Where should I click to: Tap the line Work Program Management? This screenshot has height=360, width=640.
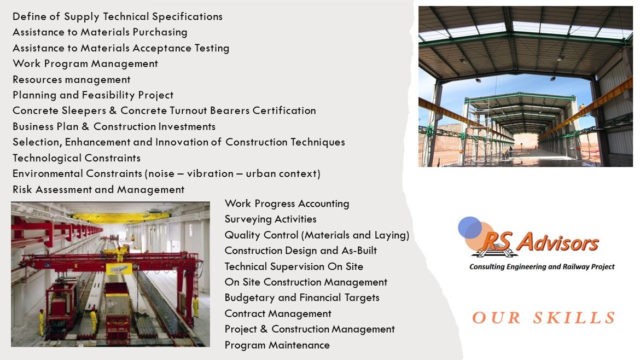(x=85, y=64)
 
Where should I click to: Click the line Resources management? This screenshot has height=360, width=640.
(x=72, y=79)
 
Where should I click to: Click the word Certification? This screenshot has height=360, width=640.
(x=284, y=111)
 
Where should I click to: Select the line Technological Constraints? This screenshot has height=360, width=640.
(x=77, y=158)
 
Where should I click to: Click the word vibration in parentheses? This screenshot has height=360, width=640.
(x=210, y=173)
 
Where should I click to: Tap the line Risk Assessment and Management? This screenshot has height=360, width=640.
(x=98, y=190)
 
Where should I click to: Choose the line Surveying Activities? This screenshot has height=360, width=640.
(x=271, y=219)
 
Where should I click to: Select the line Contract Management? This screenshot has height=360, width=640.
(x=278, y=313)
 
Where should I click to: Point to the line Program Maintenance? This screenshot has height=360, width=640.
(x=277, y=345)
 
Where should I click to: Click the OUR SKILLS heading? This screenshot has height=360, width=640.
(x=544, y=317)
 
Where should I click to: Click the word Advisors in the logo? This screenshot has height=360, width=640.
(x=557, y=242)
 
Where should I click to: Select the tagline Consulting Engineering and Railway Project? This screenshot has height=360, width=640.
(x=542, y=267)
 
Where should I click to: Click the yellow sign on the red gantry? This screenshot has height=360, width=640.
(x=119, y=269)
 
